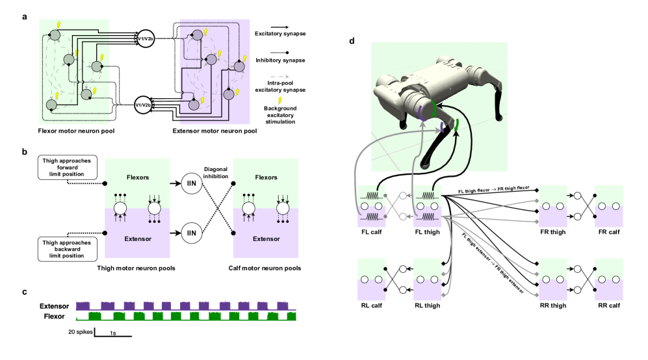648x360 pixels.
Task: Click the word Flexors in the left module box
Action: pyautogui.click(x=137, y=177)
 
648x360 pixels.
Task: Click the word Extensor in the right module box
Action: pyautogui.click(x=266, y=238)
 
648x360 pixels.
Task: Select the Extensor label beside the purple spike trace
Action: pyautogui.click(x=55, y=306)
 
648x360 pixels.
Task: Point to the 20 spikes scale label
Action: pyautogui.click(x=80, y=333)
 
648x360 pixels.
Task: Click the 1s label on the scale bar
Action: pyautogui.click(x=112, y=333)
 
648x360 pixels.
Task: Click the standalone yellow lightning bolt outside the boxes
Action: pyautogui.click(x=280, y=100)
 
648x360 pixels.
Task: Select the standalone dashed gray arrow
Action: pyautogui.click(x=279, y=77)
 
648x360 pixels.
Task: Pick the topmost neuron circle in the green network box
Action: pyautogui.click(x=55, y=34)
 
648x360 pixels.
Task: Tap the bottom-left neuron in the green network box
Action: pyautogui.click(x=51, y=104)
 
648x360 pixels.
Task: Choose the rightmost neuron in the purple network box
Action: pyautogui.click(x=239, y=66)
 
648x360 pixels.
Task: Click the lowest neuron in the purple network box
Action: pyautogui.click(x=193, y=105)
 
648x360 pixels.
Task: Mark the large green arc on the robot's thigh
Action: pyautogui.click(x=432, y=109)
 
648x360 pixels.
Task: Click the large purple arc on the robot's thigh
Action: pyautogui.click(x=422, y=113)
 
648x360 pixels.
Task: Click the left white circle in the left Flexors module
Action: pyautogui.click(x=120, y=208)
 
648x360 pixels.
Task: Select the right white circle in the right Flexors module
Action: pyautogui.click(x=283, y=208)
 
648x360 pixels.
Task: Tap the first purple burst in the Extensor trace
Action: pyautogui.click(x=83, y=305)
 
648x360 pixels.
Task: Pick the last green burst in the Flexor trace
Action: pyautogui.click(x=287, y=316)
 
